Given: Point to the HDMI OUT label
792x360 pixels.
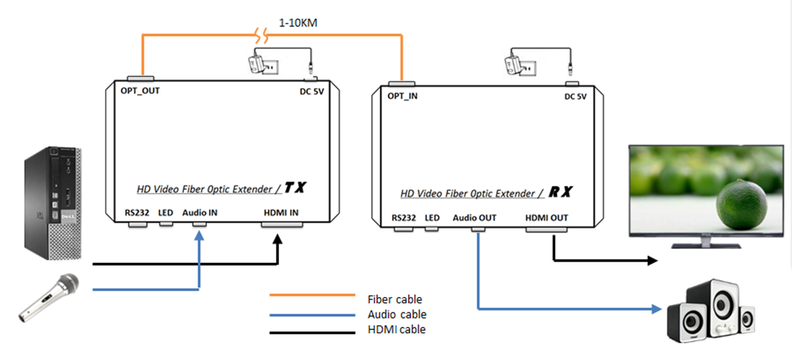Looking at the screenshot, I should pos(546,218).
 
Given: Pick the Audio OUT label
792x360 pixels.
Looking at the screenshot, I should pos(474,218).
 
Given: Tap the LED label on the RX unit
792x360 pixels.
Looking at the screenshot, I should pos(432,218).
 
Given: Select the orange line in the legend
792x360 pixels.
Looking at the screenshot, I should pos(313,294).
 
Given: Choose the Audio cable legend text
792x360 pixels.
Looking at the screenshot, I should pos(396,314).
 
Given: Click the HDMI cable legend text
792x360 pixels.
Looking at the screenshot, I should pos(396,329).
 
